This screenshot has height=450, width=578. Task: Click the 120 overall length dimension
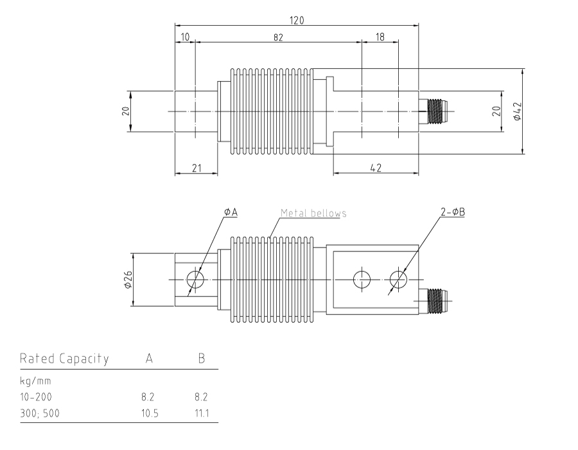tap(296, 20)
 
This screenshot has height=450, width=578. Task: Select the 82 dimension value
tap(277, 37)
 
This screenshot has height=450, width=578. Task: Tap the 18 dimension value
tap(380, 37)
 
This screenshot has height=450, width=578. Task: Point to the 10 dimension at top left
tap(185, 37)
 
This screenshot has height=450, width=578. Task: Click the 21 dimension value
tap(197, 168)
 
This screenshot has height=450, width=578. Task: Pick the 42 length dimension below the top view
tap(376, 168)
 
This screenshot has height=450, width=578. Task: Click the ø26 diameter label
tap(127, 279)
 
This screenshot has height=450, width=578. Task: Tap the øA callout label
tap(231, 212)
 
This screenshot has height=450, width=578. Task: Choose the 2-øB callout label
tap(453, 212)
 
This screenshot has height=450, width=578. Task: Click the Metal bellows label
tap(313, 213)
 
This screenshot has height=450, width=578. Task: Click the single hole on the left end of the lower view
tap(195, 279)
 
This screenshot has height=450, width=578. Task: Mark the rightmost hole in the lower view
tap(398, 279)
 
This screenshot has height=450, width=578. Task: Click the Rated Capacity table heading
tap(64, 358)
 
